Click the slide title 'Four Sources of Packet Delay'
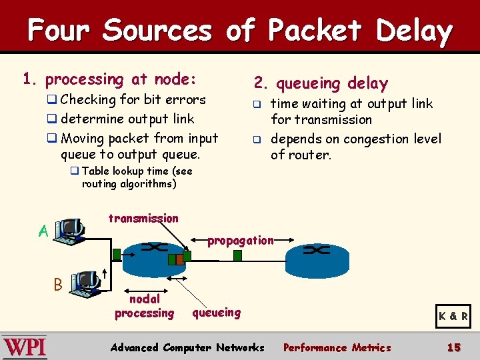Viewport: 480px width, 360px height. pos(240,31)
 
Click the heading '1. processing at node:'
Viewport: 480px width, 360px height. pos(110,79)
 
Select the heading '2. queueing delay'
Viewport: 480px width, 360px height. pos(321,83)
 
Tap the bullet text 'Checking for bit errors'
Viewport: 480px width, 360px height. pos(133,100)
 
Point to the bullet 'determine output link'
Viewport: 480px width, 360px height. pos(127,119)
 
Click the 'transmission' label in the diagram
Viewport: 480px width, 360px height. pos(143,218)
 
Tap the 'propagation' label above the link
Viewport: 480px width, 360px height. pos(240,240)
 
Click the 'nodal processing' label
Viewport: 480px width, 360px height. pos(144,306)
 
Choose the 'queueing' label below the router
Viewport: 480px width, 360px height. pos(217,312)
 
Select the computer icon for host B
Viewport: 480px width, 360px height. pos(85,283)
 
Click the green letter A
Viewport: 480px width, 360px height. pos(43,231)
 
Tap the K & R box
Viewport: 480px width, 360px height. pos(453,316)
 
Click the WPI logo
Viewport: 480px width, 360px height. pos(25,347)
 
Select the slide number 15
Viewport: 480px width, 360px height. pos(454,347)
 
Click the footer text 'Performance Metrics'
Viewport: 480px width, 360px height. pos(337,347)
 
